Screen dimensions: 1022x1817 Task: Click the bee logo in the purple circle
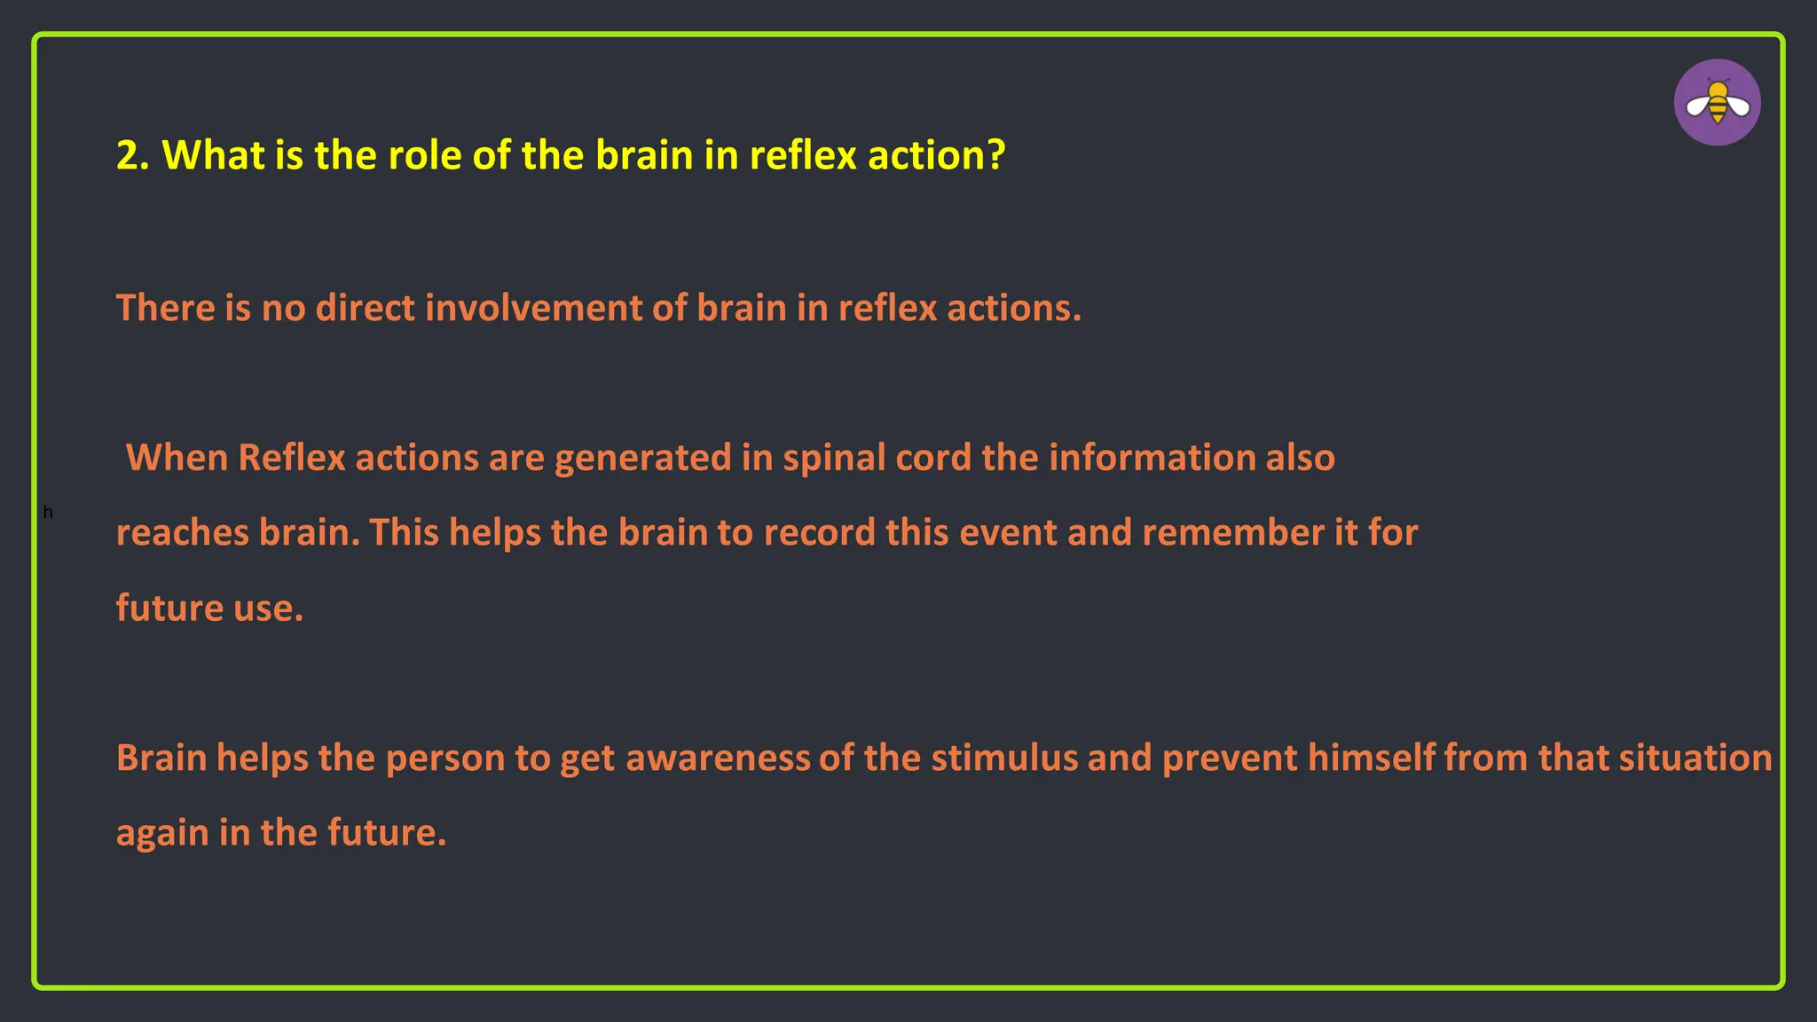pos(1717,103)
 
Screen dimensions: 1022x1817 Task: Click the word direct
pos(366,308)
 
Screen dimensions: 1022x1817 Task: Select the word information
pos(1152,458)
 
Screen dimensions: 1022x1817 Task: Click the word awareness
pos(718,759)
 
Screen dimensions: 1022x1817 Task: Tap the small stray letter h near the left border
pos(48,513)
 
